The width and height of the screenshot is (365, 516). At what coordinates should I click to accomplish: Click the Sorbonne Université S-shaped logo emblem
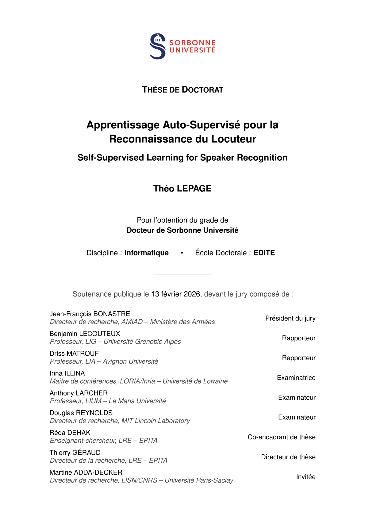[x=158, y=46]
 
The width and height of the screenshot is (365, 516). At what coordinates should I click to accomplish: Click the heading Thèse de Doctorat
[x=182, y=90]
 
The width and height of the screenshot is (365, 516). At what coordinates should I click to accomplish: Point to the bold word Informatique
[x=146, y=253]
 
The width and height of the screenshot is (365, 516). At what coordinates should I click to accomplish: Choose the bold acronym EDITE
[x=264, y=253]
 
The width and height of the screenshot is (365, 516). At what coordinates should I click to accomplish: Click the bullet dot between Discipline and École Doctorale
[x=182, y=253]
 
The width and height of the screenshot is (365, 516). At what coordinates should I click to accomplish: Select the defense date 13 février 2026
[x=175, y=294]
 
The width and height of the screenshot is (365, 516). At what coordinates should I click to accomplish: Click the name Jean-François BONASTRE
[x=90, y=314]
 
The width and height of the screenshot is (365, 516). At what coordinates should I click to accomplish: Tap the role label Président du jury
[x=290, y=318]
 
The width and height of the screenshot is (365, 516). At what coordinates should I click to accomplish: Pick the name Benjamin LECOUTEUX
[x=85, y=334]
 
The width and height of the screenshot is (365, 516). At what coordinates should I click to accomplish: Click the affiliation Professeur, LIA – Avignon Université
[x=104, y=361]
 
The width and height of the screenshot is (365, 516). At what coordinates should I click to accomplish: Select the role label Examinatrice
[x=296, y=378]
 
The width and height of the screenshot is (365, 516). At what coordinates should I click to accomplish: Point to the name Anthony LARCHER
[x=79, y=393]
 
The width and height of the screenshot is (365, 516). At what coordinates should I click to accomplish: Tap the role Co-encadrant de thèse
[x=281, y=437]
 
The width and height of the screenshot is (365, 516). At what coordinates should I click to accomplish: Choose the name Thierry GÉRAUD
[x=75, y=453]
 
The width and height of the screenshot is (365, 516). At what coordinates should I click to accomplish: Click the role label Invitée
[x=305, y=477]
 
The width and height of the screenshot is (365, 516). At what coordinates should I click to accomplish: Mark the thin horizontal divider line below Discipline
[x=182, y=275]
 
